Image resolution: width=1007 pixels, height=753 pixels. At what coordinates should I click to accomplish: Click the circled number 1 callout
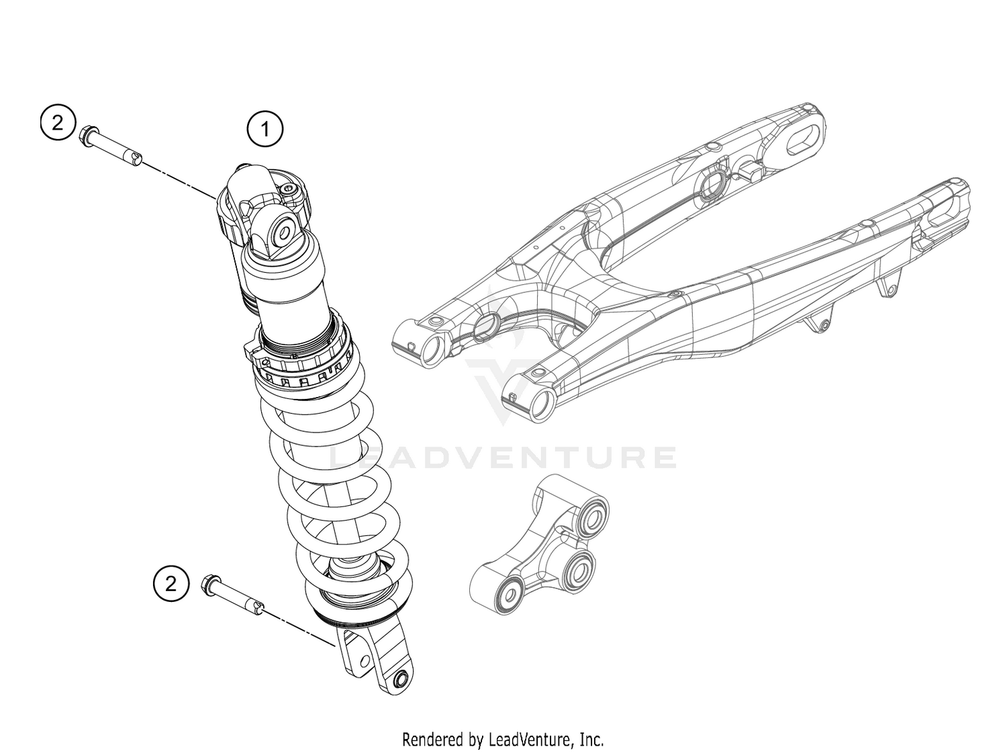coord(265,128)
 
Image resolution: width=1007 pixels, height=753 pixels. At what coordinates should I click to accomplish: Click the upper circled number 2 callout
coord(57,123)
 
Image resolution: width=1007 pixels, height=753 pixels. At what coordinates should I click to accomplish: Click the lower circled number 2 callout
coord(171,582)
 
